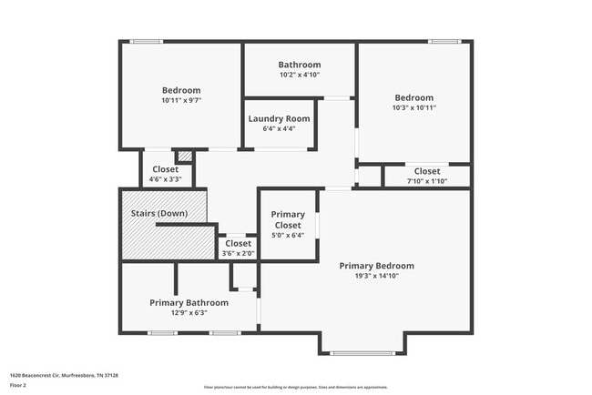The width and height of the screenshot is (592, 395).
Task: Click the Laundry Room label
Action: [x=279, y=118]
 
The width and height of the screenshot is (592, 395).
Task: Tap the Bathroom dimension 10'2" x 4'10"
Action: [x=299, y=76]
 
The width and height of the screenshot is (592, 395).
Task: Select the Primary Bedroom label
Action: [x=376, y=266]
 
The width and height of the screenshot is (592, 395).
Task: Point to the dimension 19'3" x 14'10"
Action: [x=376, y=276]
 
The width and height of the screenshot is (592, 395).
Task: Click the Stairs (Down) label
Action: [x=160, y=213]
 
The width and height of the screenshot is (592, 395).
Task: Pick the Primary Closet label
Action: [x=288, y=219]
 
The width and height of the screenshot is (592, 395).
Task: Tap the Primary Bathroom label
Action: [x=189, y=302]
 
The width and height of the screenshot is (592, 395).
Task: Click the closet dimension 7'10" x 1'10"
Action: [x=426, y=181]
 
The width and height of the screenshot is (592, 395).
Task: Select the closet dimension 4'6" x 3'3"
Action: [x=165, y=179]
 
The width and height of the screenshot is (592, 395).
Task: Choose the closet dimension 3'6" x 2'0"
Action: [x=238, y=254]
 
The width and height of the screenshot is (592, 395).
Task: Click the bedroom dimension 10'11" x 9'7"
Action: [x=181, y=100]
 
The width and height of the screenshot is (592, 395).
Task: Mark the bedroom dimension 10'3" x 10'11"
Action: [x=413, y=107]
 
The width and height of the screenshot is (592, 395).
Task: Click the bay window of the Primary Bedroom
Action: [x=362, y=353]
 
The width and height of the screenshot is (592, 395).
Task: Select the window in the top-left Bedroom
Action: [x=146, y=41]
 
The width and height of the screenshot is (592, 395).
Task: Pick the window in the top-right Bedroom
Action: [x=444, y=41]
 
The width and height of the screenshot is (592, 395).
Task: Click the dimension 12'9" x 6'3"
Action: [x=189, y=313]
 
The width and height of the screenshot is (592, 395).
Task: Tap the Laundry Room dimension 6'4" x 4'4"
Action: [x=279, y=128]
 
